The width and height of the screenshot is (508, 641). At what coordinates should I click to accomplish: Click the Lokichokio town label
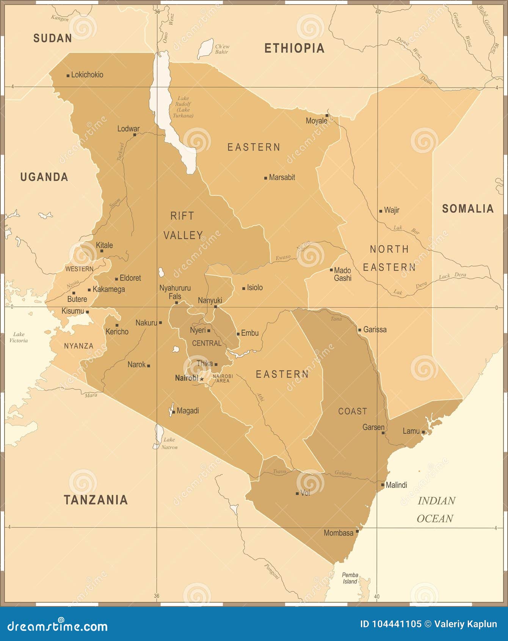point(87,75)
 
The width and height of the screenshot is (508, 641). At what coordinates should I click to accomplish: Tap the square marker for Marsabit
point(266,178)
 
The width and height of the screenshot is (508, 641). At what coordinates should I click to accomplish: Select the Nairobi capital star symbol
point(202,379)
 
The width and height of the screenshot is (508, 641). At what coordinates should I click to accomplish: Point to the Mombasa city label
point(338,533)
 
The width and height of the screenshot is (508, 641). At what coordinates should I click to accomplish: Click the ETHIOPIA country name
point(294,48)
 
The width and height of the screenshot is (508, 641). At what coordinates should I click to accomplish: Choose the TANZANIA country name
point(96,500)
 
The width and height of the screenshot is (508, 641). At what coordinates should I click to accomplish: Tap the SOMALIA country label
point(468,209)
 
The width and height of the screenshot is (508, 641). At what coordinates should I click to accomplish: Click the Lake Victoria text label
point(19,337)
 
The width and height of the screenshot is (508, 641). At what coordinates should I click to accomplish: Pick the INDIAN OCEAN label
point(436,509)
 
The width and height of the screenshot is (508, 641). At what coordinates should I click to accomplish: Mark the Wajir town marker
point(381,211)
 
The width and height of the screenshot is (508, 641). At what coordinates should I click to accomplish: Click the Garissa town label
point(375,330)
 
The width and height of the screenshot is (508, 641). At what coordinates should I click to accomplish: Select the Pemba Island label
point(350,578)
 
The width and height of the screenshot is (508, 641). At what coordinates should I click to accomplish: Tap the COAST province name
point(352,411)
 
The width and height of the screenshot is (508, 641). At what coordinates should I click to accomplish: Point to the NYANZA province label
point(78,346)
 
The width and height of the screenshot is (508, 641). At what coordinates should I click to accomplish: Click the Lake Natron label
point(169,443)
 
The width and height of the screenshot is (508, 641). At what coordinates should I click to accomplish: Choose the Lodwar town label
point(128,129)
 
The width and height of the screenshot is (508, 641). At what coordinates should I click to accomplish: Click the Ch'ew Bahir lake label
point(222,49)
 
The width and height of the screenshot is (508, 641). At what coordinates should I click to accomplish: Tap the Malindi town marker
point(383,485)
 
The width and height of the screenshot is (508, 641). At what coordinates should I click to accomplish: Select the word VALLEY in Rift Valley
point(183,236)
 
